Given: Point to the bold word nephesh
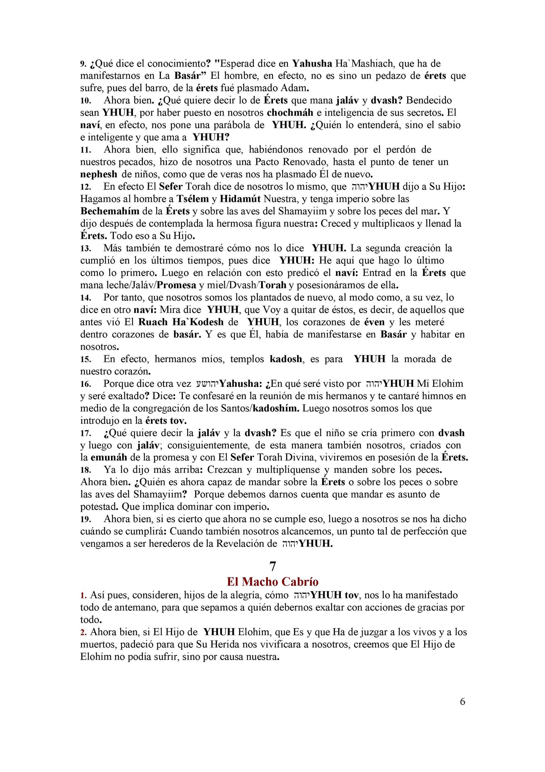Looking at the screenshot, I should [x=99, y=174].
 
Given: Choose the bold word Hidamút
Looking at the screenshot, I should [x=240, y=199].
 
